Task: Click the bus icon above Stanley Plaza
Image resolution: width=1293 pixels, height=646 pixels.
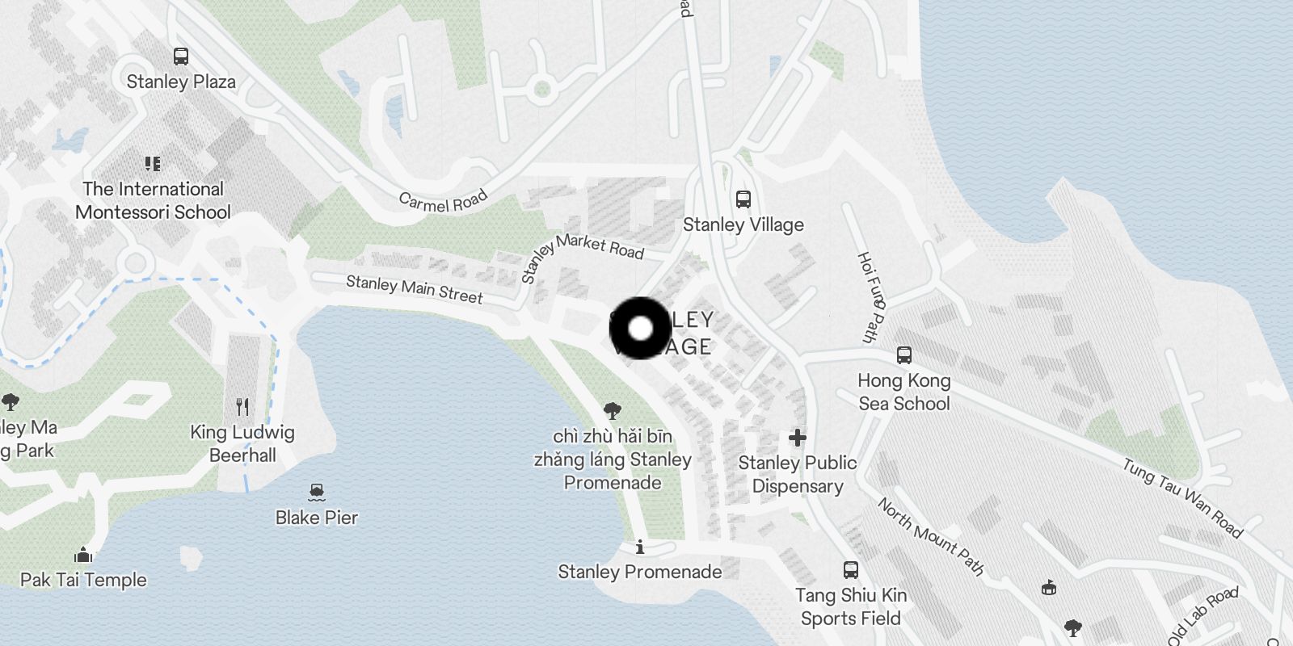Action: pyautogui.click(x=181, y=57)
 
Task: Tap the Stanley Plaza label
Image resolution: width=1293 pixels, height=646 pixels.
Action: pyautogui.click(x=181, y=82)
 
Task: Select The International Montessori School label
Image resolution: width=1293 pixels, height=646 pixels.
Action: pyautogui.click(x=153, y=200)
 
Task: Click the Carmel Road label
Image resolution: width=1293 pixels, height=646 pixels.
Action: pyautogui.click(x=444, y=200)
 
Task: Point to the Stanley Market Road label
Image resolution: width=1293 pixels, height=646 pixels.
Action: pyautogui.click(x=582, y=253)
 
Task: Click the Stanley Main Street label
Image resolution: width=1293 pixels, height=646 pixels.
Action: pyautogui.click(x=414, y=289)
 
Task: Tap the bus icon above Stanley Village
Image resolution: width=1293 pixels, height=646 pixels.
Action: pyautogui.click(x=743, y=199)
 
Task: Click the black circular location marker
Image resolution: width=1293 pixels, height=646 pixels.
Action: pyautogui.click(x=640, y=329)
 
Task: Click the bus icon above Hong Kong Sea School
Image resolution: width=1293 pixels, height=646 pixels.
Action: pyautogui.click(x=904, y=354)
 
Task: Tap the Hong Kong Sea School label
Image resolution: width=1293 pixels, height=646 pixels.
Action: pyautogui.click(x=903, y=392)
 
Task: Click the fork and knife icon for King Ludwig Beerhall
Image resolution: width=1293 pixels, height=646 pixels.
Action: pyautogui.click(x=242, y=406)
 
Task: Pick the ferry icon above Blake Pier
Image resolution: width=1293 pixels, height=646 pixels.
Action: pyautogui.click(x=317, y=491)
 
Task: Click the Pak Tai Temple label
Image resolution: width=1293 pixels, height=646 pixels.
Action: pyautogui.click(x=83, y=579)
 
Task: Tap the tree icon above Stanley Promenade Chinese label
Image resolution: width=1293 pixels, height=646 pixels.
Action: pyautogui.click(x=613, y=410)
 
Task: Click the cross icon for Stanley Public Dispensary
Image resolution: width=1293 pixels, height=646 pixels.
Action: pyautogui.click(x=798, y=438)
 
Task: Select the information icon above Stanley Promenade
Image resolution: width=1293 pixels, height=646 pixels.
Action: pyautogui.click(x=640, y=547)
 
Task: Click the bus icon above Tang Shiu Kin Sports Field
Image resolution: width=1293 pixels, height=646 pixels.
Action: pyautogui.click(x=851, y=570)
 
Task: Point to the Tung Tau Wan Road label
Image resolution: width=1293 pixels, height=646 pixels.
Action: pyautogui.click(x=1181, y=497)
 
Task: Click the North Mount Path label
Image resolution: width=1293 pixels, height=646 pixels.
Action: pyautogui.click(x=931, y=536)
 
